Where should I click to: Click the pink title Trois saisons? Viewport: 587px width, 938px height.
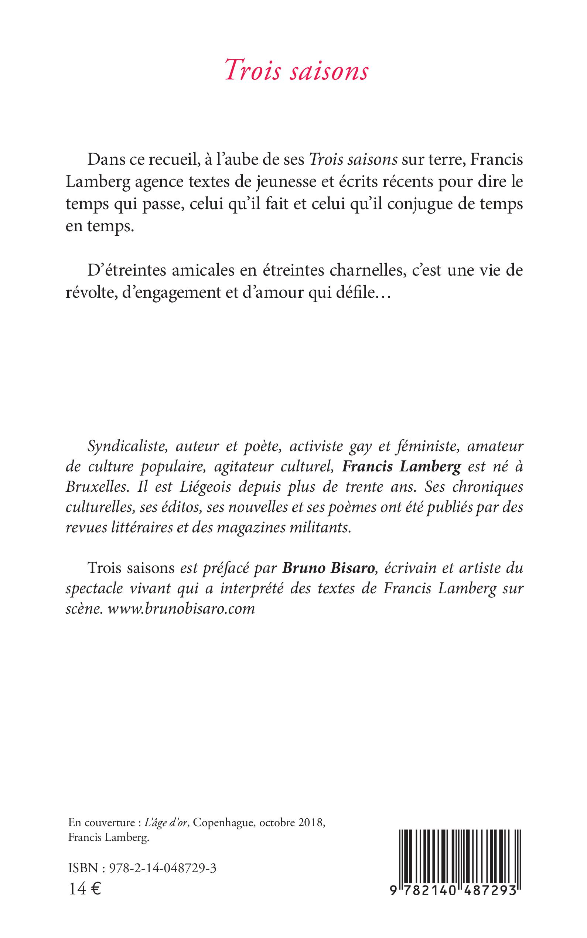[297, 71]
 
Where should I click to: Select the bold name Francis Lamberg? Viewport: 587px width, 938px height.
[401, 466]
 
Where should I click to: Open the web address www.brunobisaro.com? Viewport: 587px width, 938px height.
[181, 608]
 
